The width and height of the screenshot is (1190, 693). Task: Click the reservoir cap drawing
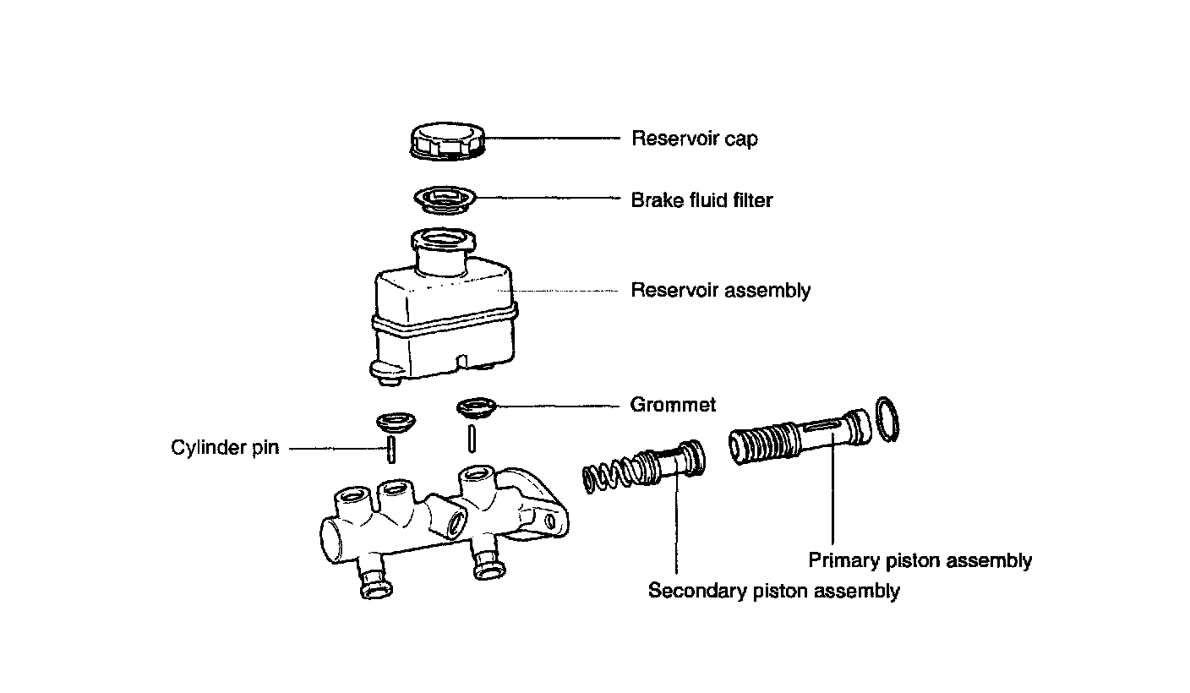(448, 141)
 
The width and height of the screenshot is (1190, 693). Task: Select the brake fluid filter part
(445, 199)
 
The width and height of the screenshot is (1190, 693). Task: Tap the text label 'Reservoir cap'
(695, 139)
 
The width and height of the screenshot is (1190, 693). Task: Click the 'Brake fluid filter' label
(701, 200)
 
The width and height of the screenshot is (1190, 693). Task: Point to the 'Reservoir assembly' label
(720, 291)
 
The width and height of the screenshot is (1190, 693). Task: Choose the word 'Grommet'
(673, 405)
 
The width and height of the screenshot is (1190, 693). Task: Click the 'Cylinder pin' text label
(225, 448)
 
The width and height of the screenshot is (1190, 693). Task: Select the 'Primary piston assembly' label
(920, 561)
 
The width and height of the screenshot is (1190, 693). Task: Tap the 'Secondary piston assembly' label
(774, 591)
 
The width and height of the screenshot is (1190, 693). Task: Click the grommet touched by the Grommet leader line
(477, 407)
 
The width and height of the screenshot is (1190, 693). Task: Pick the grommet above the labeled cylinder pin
(396, 422)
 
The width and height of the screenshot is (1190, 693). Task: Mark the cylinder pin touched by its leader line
(391, 450)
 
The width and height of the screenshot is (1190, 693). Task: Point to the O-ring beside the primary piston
(887, 419)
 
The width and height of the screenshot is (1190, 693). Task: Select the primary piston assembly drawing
(800, 437)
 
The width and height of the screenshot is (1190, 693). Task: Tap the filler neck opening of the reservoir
(444, 239)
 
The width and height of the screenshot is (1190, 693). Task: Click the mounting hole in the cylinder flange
(550, 521)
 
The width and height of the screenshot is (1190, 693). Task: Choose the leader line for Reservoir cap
(553, 138)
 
